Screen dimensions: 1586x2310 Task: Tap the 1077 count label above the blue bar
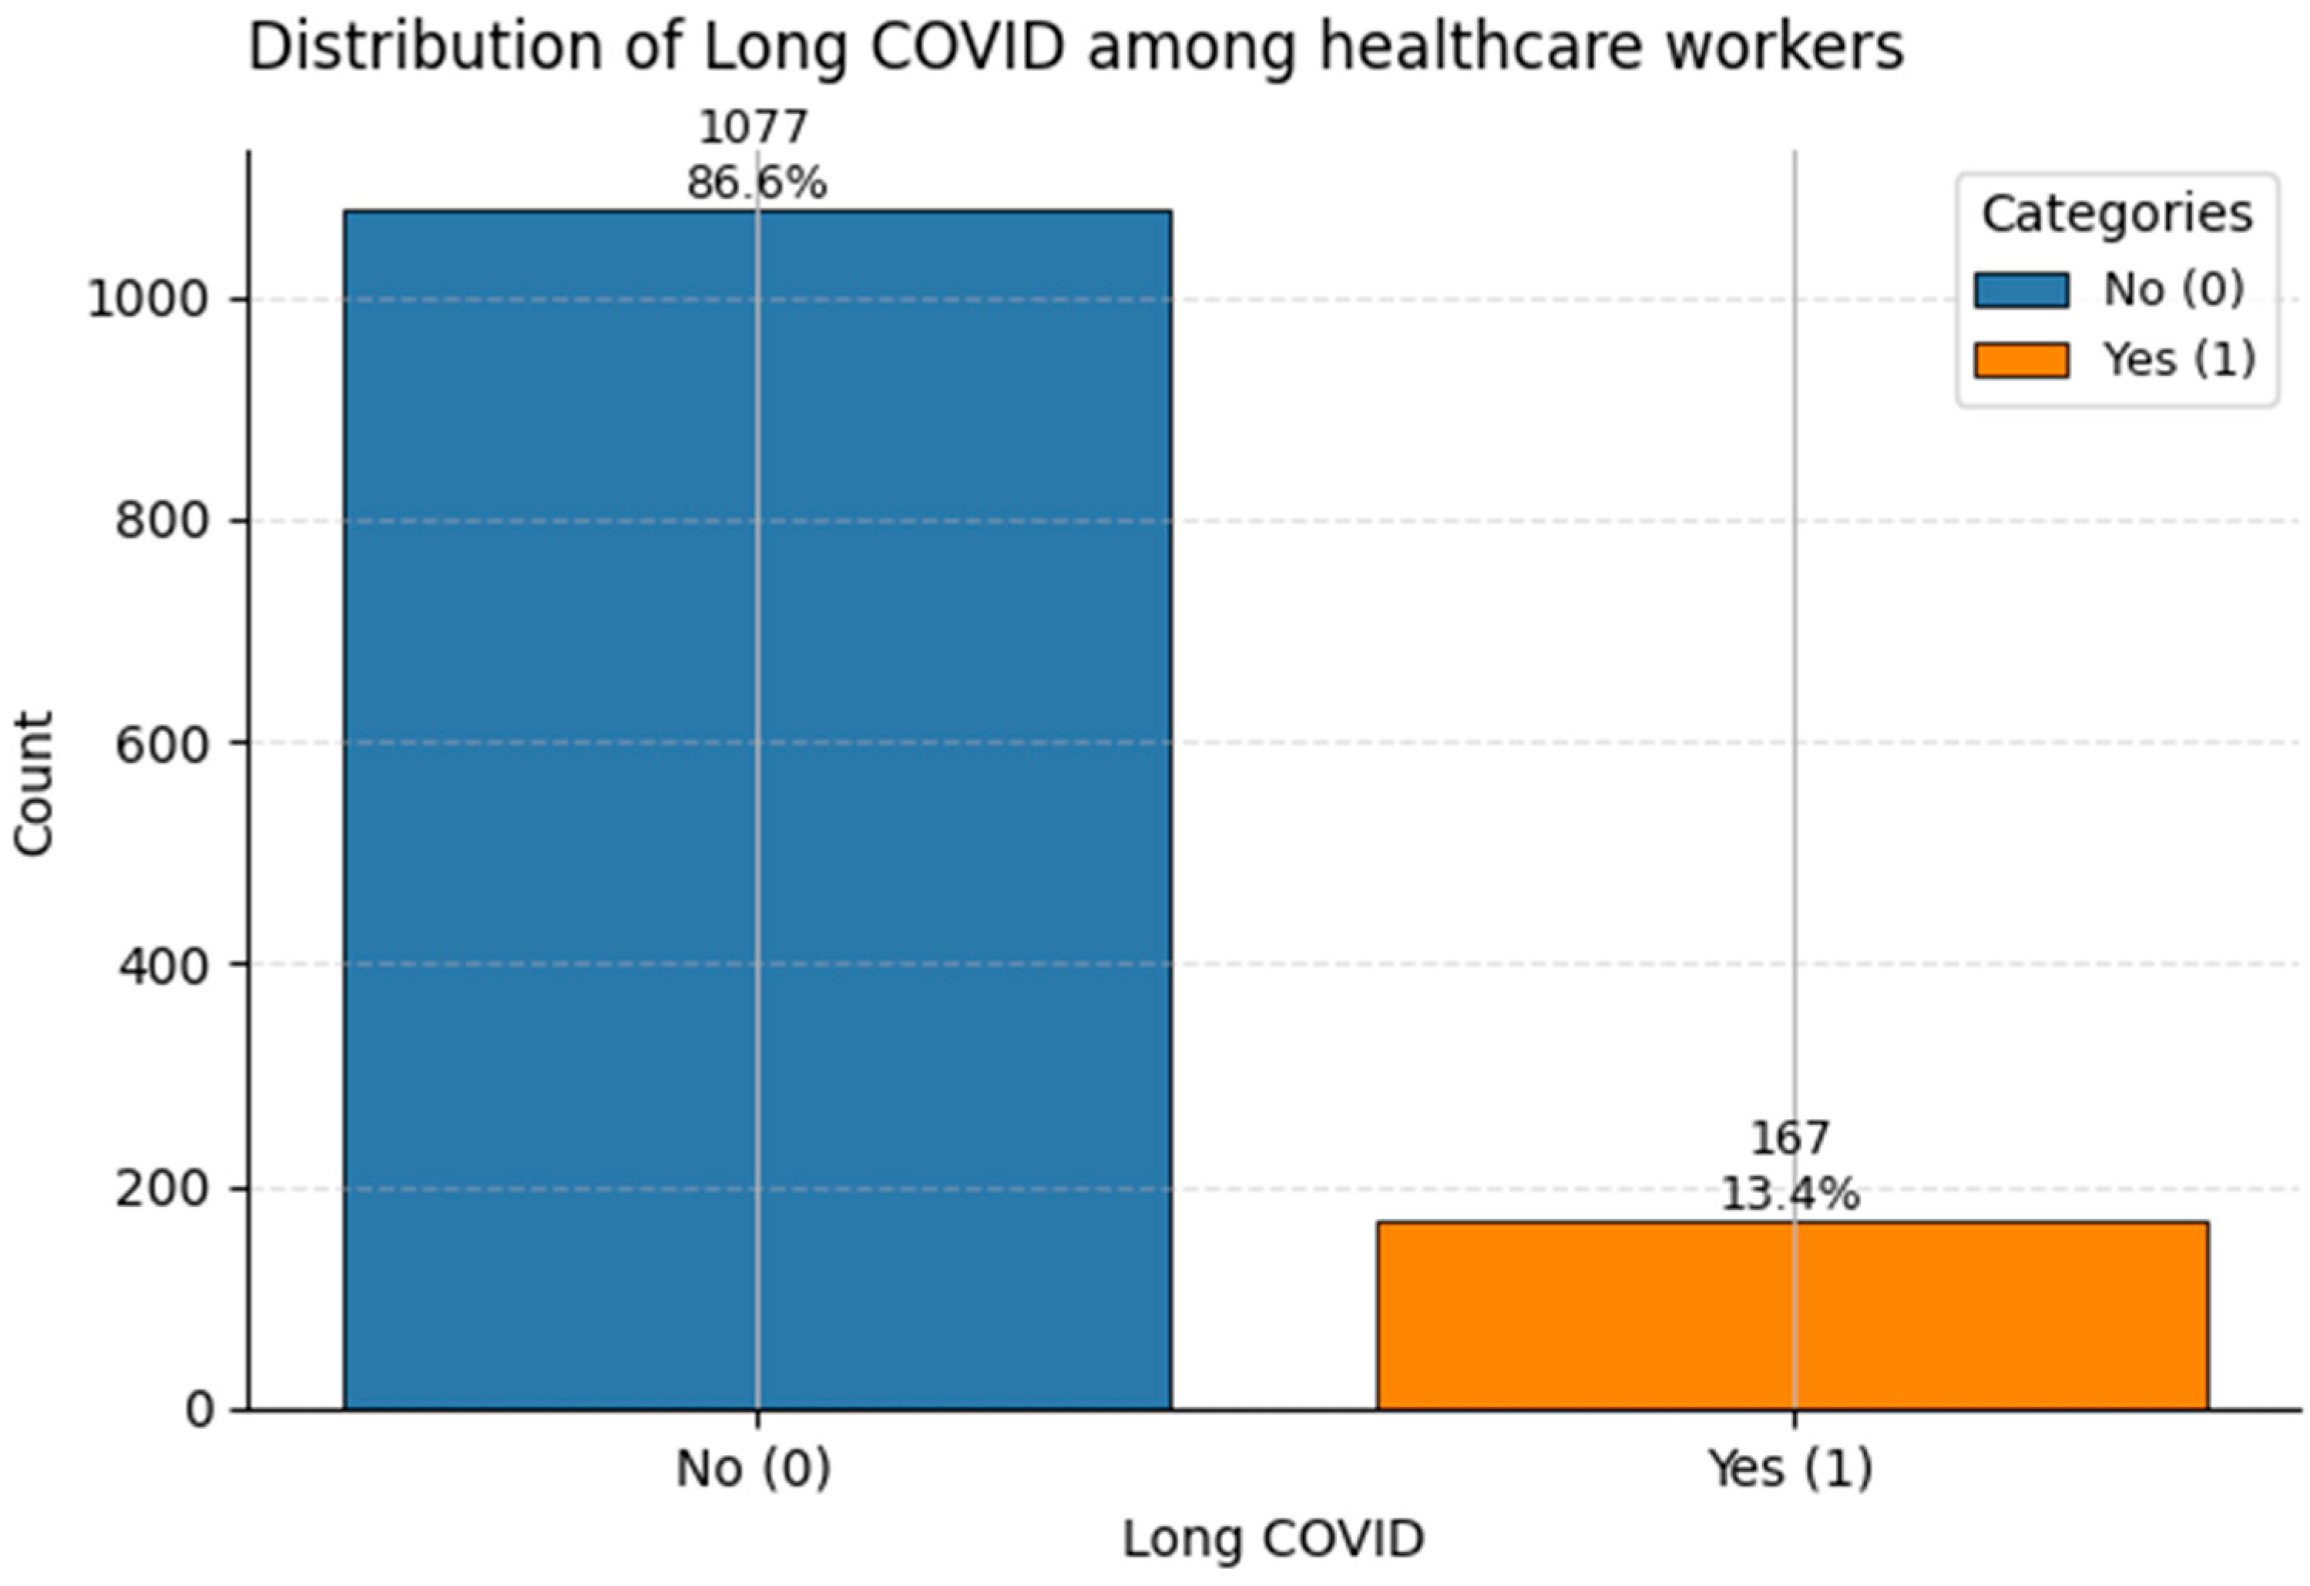click(754, 128)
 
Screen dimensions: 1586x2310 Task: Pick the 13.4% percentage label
click(1790, 1195)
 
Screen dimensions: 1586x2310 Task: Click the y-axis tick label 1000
click(150, 299)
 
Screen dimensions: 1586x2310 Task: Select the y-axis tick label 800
click(164, 521)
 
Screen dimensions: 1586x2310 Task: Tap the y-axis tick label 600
click(164, 743)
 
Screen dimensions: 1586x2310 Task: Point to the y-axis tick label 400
click(164, 965)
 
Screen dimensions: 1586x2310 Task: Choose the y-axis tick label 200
click(164, 1188)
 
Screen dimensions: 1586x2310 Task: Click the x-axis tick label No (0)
click(754, 1469)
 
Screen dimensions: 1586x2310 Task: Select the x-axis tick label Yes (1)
click(1790, 1469)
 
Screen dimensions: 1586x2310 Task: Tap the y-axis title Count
click(34, 785)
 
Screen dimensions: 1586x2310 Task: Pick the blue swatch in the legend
click(2022, 291)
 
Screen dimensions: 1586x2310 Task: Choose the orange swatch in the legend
click(2022, 359)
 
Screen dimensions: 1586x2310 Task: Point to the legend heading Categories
click(2117, 213)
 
